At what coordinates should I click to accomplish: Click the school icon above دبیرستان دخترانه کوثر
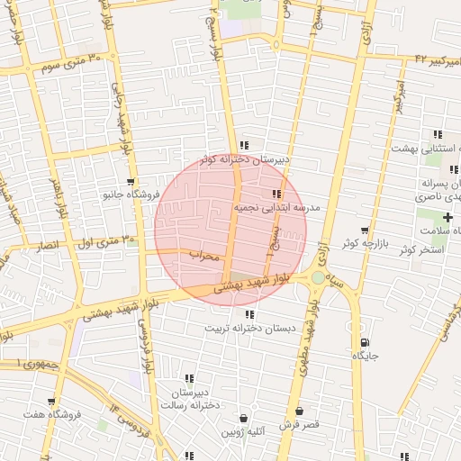(244, 146)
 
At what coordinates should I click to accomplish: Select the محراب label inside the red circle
(204, 256)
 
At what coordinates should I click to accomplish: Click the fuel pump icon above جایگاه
(364, 342)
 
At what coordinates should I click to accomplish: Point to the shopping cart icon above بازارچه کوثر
(364, 230)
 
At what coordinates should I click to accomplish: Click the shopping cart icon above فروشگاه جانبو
(131, 182)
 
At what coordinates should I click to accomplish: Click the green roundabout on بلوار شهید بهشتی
(318, 277)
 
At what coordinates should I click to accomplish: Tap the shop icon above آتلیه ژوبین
(244, 419)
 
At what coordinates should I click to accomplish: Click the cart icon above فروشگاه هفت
(51, 402)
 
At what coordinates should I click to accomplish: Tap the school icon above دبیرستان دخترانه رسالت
(189, 379)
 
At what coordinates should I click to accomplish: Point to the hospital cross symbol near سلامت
(447, 217)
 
